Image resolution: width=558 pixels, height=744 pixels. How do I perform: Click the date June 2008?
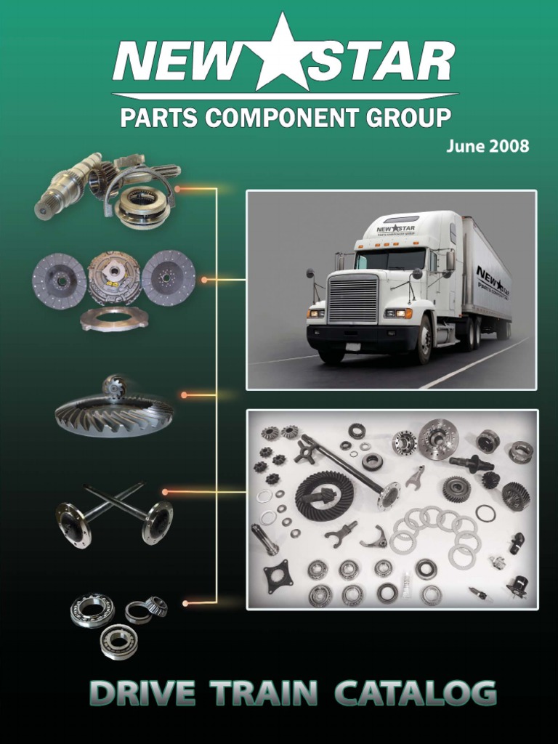(x=488, y=145)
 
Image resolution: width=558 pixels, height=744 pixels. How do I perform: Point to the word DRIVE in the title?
(x=142, y=693)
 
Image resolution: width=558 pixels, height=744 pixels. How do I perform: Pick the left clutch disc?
(x=59, y=280)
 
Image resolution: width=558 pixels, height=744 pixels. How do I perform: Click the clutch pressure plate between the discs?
(x=114, y=278)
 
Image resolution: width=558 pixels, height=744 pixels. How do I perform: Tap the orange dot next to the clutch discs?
(x=204, y=280)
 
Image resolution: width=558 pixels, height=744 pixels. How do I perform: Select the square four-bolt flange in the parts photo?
(x=278, y=575)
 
